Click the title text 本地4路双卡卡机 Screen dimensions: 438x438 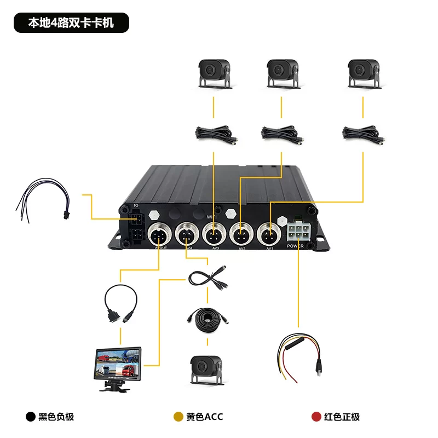pos(71,24)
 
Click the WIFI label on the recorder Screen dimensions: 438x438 pos(212,217)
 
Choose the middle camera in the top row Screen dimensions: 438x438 pos(283,73)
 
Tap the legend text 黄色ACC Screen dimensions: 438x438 pos(204,417)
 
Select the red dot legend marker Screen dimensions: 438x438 pos(316,417)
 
